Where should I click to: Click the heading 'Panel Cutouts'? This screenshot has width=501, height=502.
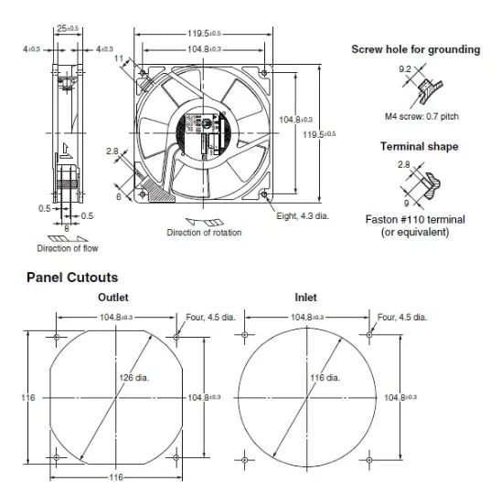tap(72, 276)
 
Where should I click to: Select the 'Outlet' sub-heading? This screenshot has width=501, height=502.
tap(112, 297)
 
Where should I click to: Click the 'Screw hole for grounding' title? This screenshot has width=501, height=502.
tap(416, 49)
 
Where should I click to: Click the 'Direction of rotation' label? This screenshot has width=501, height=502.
tap(204, 233)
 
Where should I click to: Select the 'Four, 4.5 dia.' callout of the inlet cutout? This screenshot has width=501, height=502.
tap(401, 317)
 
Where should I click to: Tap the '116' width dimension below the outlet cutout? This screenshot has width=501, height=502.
tap(115, 476)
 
